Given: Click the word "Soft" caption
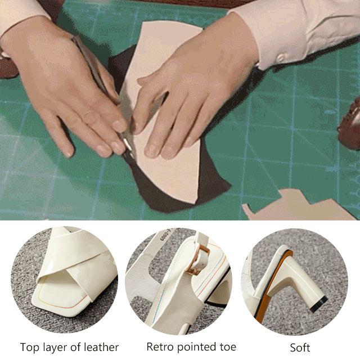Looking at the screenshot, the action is [x=300, y=348].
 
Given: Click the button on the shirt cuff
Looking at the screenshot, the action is [x=281, y=57].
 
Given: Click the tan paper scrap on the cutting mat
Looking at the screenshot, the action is [x=299, y=205].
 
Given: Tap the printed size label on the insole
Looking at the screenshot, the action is [x=166, y=236].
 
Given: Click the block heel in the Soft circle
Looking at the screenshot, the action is [x=299, y=282].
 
